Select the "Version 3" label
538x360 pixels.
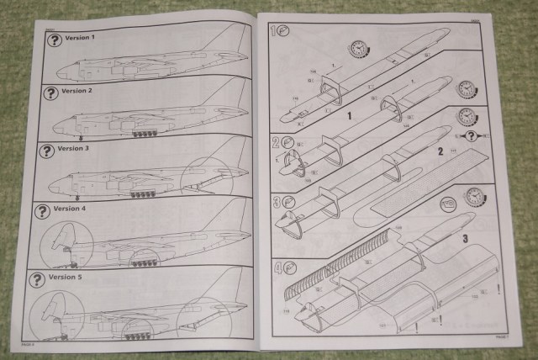coord(74,147)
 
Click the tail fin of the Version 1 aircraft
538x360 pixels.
coord(238,38)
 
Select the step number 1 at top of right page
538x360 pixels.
coord(274,32)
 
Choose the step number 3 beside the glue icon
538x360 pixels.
coord(276,202)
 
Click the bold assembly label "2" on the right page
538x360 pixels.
coord(438,151)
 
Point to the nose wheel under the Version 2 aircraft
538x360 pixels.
coord(81,135)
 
